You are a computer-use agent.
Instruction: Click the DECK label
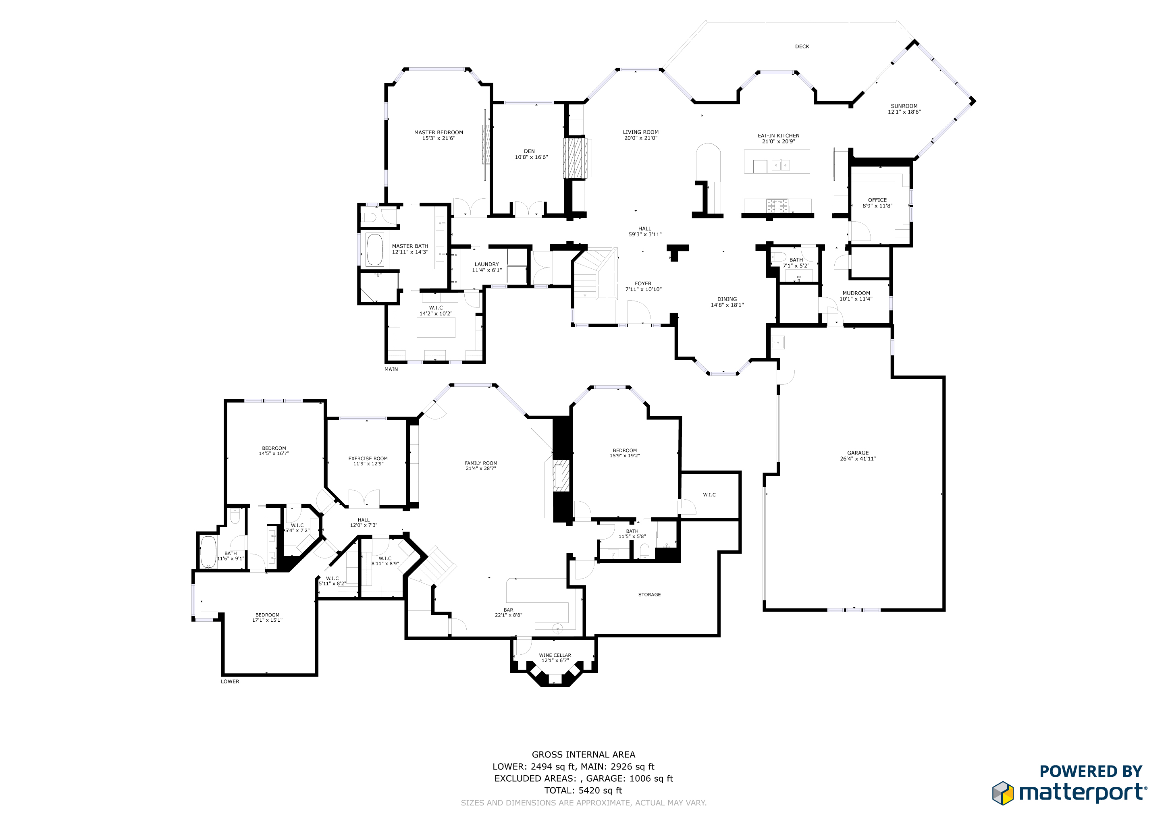(x=802, y=47)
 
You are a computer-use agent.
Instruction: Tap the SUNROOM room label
(x=904, y=106)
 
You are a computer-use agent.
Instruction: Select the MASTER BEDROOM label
(x=439, y=132)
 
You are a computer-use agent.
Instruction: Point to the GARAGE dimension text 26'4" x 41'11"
(x=858, y=459)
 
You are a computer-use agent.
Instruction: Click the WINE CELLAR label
(x=555, y=655)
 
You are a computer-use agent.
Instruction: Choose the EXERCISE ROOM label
(x=368, y=458)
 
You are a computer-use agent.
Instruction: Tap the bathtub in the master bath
(x=375, y=250)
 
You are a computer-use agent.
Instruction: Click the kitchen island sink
(x=780, y=165)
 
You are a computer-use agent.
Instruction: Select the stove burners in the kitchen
(x=777, y=205)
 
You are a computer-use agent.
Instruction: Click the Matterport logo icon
(x=1003, y=793)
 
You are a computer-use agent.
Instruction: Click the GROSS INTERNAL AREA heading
(x=584, y=755)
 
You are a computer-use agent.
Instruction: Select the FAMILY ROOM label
(x=481, y=463)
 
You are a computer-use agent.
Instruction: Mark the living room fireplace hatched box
(x=575, y=158)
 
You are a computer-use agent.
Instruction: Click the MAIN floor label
(x=391, y=369)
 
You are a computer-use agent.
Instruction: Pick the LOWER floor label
(x=230, y=682)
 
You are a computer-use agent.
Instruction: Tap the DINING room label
(x=727, y=299)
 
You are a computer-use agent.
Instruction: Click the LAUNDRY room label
(x=486, y=264)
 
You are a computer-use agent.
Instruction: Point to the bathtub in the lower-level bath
(x=208, y=552)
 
